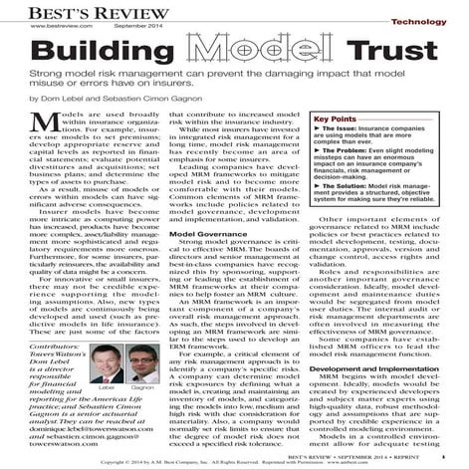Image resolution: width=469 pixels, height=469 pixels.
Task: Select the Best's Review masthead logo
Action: pyautogui.click(x=67, y=8)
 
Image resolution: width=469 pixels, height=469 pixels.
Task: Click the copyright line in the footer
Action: pyautogui.click(x=234, y=462)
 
